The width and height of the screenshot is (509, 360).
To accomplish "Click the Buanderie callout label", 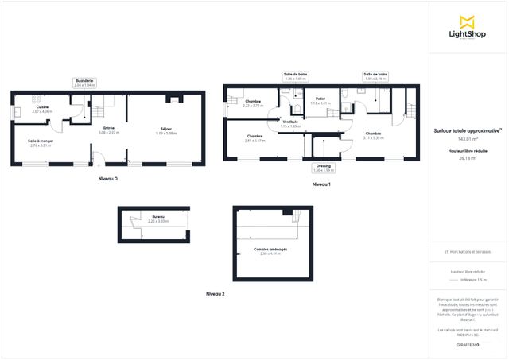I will (x=84, y=82).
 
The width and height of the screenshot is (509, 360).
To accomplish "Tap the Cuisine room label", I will (x=42, y=108).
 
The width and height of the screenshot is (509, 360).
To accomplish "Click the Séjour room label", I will (x=166, y=130).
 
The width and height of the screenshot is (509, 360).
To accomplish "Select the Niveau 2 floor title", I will (x=215, y=294).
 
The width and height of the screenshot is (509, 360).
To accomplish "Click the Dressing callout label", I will (x=324, y=168).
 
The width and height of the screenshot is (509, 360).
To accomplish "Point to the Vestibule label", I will (x=290, y=123).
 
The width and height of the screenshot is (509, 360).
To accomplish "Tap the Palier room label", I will (x=321, y=100).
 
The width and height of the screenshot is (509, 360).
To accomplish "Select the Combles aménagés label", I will (x=270, y=250).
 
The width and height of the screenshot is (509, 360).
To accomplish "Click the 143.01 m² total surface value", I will (x=467, y=138).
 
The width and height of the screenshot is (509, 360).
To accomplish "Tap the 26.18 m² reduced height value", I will (x=467, y=157).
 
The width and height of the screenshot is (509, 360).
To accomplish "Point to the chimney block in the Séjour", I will (x=172, y=99).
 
